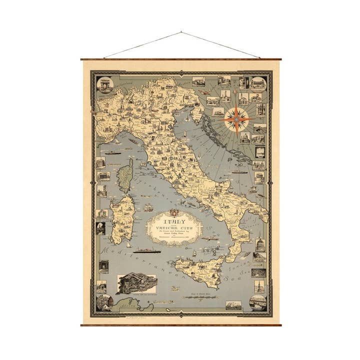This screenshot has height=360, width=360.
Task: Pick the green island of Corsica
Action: (125, 175)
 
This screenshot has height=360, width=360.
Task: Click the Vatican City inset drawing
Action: (136, 283)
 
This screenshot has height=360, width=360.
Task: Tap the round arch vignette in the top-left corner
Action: (104, 84)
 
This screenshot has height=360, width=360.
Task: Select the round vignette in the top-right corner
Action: (258, 83)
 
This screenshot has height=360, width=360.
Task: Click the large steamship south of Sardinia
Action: (146, 250)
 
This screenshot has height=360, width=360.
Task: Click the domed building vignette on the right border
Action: (259, 244)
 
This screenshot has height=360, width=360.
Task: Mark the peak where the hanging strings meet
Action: (181, 32)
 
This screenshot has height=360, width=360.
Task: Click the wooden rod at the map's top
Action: (181, 59)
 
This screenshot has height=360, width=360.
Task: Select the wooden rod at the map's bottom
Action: (181, 325)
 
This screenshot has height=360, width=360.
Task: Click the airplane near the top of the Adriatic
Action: (205, 92)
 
